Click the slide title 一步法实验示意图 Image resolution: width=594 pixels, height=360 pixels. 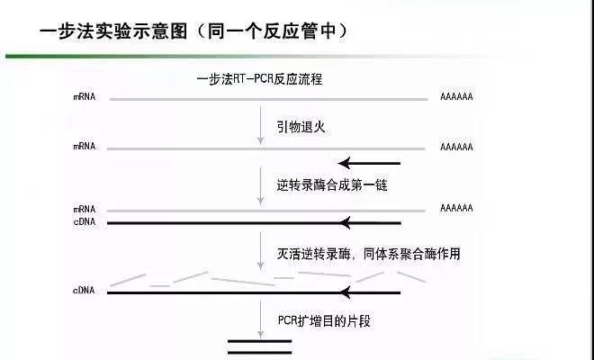[113, 31]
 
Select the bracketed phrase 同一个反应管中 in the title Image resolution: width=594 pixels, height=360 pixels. [272, 31]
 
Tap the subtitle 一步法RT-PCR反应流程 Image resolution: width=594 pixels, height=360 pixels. [259, 79]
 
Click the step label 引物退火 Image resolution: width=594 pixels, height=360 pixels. [301, 127]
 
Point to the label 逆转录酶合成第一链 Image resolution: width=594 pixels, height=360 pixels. [332, 184]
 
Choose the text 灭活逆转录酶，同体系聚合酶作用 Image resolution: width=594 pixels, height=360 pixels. [368, 254]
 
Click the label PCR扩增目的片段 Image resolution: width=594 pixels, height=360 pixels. [324, 320]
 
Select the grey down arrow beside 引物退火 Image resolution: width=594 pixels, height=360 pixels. [260, 125]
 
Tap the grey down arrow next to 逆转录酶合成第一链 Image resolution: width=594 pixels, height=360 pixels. [260, 186]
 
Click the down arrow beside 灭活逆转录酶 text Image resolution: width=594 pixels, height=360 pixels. [260, 250]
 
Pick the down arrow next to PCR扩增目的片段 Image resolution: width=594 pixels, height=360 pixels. [260, 319]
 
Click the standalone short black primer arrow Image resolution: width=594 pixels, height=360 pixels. [369, 163]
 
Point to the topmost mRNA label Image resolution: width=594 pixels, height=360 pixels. [85, 97]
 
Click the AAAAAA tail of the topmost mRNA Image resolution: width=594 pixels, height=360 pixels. [456, 97]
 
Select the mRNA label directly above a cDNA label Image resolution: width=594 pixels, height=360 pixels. [85, 209]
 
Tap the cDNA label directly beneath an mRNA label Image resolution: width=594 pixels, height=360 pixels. [85, 221]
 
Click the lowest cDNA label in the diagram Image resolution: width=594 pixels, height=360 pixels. [84, 291]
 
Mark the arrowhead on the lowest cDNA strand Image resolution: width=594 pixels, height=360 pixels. [345, 292]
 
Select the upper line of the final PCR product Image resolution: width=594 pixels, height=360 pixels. [259, 341]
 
